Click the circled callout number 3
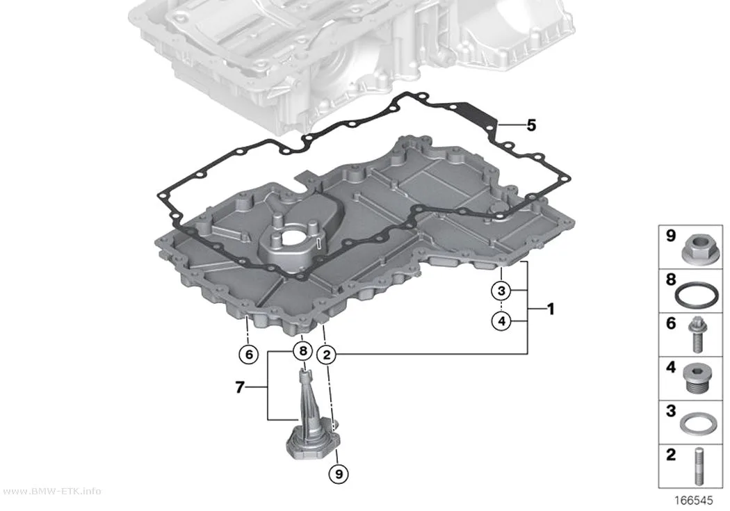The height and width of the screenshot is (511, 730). [x=501, y=291]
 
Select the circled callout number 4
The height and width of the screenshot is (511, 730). [x=501, y=321]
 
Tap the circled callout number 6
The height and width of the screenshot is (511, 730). [x=249, y=355]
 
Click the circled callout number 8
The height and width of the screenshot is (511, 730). [x=302, y=350]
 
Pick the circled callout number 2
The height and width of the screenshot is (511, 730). [x=326, y=355]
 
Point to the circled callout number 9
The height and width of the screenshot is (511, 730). [x=339, y=473]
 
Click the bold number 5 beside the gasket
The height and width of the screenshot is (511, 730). [x=531, y=125]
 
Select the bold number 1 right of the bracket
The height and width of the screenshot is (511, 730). [x=551, y=309]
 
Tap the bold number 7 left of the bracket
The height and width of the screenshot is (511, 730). [x=240, y=387]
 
